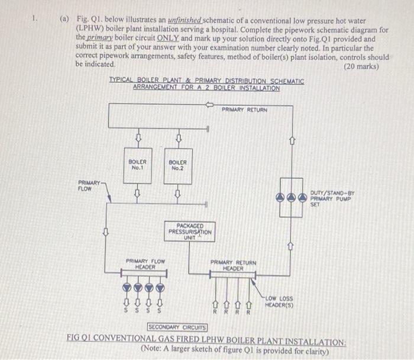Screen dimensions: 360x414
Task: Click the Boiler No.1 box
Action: tap(137, 165)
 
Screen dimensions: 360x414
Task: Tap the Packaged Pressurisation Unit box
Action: tap(189, 231)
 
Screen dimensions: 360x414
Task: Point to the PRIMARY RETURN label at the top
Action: tap(244, 110)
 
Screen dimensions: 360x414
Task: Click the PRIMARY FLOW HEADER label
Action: tap(145, 263)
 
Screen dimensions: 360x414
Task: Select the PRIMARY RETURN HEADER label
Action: tap(233, 265)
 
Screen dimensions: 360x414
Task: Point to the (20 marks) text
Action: tap(361, 67)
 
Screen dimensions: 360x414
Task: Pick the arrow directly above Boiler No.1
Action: tap(138, 139)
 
